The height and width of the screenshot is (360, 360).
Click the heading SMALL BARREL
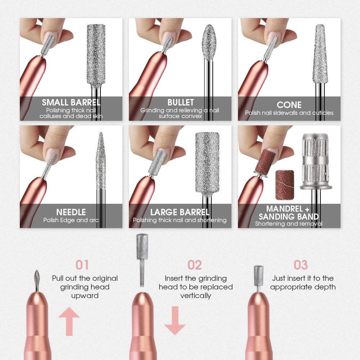click(71, 102)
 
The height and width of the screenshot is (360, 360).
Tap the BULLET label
click(180, 102)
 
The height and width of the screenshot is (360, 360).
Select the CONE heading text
click(289, 105)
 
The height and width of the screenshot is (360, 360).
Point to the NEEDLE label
click(71, 212)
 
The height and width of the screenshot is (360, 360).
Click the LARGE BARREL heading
click(180, 212)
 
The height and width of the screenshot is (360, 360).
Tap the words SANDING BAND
click(289, 216)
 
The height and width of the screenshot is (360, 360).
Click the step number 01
click(82, 265)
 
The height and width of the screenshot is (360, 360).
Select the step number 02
click(195, 265)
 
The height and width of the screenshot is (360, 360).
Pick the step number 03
click(301, 265)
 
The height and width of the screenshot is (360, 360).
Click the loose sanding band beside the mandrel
click(284, 185)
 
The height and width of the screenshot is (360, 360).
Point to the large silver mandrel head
click(315, 158)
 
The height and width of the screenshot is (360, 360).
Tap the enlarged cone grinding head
click(319, 54)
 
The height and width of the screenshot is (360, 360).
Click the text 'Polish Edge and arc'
click(71, 220)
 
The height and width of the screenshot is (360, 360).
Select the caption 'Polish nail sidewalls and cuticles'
click(289, 113)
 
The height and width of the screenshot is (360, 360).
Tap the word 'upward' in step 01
click(85, 296)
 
